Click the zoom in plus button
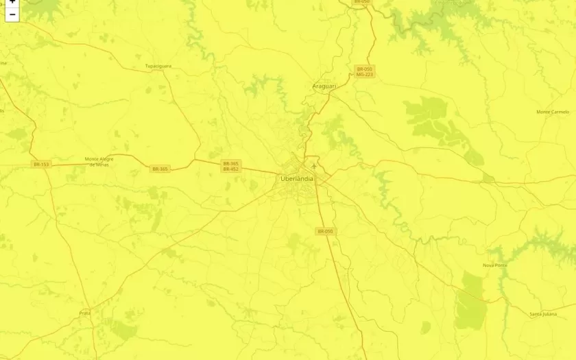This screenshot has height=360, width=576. coord(12,2)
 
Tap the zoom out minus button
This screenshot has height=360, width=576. coord(12,14)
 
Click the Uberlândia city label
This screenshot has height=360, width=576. coord(297,179)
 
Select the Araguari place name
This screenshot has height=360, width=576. coord(323,86)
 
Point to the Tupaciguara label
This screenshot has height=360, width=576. coord(158,67)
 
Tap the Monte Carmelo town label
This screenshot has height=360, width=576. coord(553,112)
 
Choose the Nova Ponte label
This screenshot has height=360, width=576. coord(494,265)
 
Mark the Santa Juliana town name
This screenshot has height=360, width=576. coord(543,314)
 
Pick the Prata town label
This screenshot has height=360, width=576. coord(85,313)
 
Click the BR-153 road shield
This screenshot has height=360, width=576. coord(41,164)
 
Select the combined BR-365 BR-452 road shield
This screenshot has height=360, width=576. coord(230,166)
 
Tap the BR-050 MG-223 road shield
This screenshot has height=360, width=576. coord(364,71)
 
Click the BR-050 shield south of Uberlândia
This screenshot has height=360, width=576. coord(325,232)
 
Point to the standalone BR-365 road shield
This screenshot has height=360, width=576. coord(160,169)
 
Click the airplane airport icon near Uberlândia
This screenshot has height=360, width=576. coord(314,165)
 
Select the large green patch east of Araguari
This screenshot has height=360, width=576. coord(427,110)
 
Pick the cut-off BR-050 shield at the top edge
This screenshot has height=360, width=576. coord(361,2)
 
